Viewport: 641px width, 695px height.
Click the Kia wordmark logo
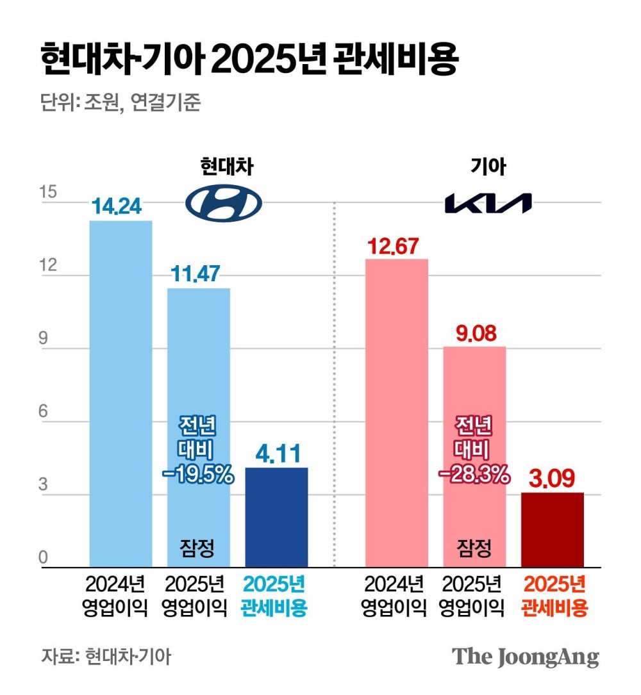pos(488,203)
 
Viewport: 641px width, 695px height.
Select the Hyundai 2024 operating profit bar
pos(121,394)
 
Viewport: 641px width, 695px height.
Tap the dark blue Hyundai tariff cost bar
pos(276,518)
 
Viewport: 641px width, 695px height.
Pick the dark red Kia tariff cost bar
pos(553,530)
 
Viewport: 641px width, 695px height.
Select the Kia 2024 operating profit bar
pos(396,413)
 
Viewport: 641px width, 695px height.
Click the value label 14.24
pos(121,207)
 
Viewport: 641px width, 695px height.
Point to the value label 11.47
pos(199,275)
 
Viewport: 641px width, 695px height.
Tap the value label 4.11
pos(276,454)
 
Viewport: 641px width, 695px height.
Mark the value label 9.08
pos(474,333)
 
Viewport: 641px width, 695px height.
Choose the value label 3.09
pos(553,478)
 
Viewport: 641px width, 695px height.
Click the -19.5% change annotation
pos(197,475)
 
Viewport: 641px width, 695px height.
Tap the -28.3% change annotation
pos(474,475)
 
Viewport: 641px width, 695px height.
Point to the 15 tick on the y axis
pos(47,193)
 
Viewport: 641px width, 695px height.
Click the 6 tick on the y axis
pos(44,412)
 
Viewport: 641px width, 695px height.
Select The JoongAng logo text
pos(526,657)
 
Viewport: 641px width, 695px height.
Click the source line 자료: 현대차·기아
pos(106,657)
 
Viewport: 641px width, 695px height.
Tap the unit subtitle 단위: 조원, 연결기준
pos(121,103)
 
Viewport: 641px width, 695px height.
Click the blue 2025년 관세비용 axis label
pos(274,596)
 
